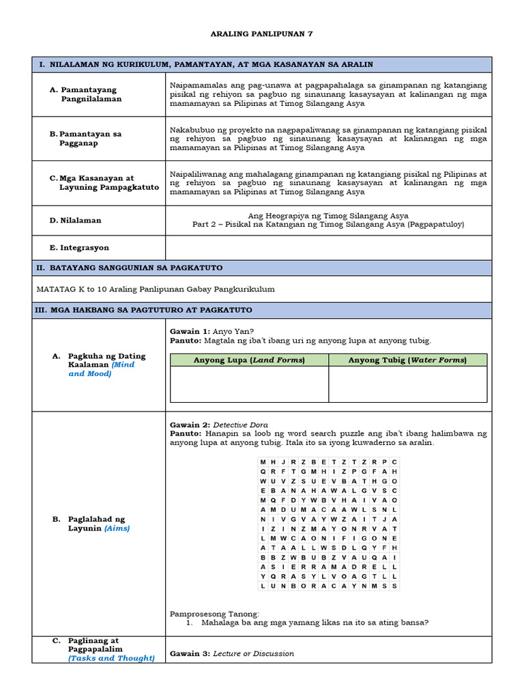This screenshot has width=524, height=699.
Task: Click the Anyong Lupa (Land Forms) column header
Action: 249,360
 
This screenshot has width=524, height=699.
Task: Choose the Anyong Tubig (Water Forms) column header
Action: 407,360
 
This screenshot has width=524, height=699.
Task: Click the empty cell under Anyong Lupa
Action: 249,384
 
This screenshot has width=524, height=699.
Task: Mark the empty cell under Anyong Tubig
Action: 407,384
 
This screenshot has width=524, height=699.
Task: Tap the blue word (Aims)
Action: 117,528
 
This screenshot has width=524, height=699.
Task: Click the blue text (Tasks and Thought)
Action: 111,658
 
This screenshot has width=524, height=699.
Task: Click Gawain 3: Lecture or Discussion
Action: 231,653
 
